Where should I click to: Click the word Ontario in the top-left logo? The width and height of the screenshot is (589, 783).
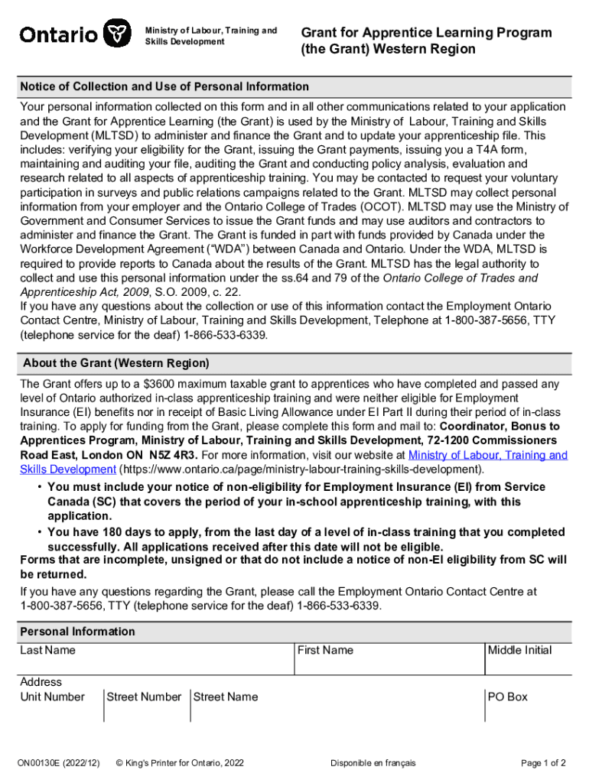tap(58, 34)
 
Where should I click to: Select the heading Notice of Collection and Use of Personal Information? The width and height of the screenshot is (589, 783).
tap(164, 86)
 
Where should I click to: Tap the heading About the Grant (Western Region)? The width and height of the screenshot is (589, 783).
tap(116, 363)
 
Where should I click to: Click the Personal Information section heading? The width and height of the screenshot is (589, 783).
tap(77, 632)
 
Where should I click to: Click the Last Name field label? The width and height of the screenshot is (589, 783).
tap(48, 650)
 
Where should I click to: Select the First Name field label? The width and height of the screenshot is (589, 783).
tap(325, 650)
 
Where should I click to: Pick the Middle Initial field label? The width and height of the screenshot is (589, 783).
tap(519, 650)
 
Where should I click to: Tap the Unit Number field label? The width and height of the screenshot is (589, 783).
tap(53, 697)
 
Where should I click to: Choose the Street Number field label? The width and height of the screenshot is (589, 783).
tap(144, 697)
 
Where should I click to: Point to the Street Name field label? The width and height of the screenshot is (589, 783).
tap(226, 697)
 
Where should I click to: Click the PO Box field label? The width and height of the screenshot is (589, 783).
tap(508, 697)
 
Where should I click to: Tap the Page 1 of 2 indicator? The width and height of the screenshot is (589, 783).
tap(543, 762)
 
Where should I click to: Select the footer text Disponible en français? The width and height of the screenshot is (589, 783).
tap(373, 762)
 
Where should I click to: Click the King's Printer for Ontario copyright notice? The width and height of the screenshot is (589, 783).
tap(179, 762)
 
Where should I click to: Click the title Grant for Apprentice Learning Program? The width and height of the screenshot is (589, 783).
tap(426, 33)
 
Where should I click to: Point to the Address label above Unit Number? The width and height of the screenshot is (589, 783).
tap(41, 681)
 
